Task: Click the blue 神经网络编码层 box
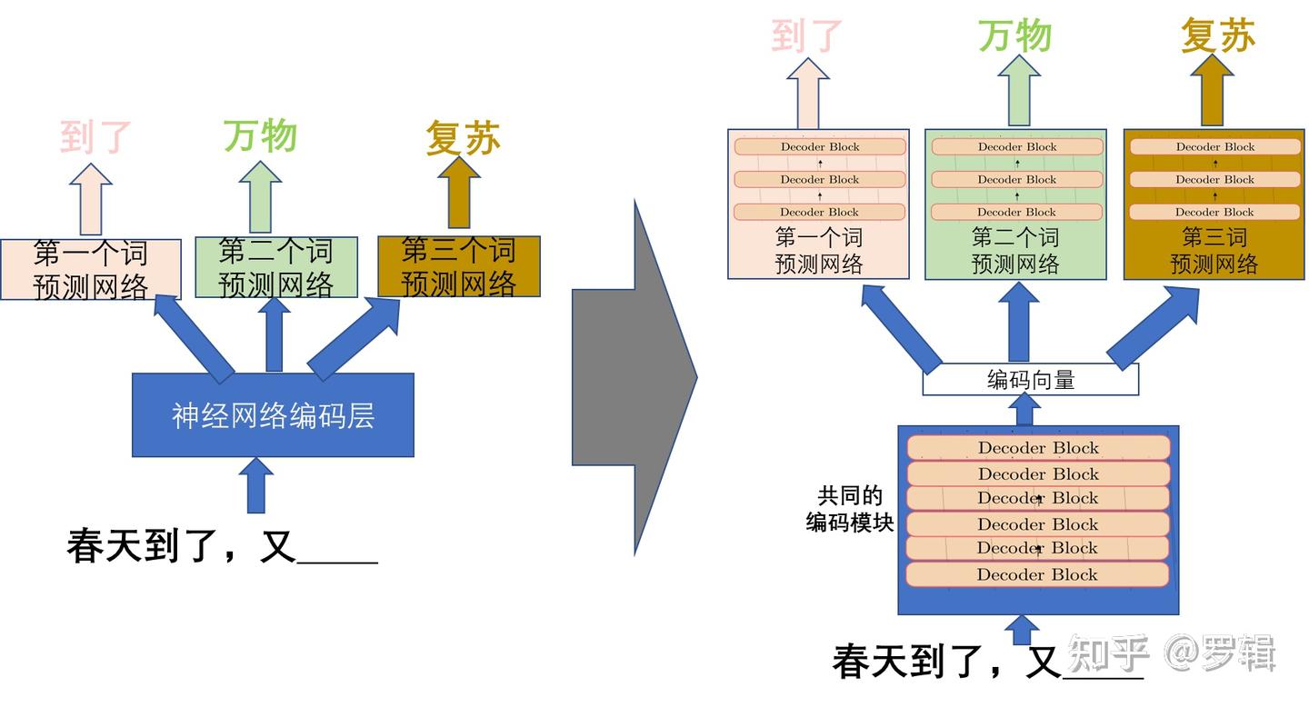(273, 414)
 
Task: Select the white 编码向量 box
(1030, 380)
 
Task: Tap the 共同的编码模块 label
(850, 509)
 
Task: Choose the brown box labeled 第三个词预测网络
(459, 266)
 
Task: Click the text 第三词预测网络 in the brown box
(1214, 251)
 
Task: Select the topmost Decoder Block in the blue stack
(1037, 448)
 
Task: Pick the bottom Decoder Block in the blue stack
(1037, 574)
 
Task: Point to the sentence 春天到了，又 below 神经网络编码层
(182, 546)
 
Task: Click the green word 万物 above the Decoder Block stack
(1015, 36)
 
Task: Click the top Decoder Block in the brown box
(1214, 147)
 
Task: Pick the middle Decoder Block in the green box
(1017, 180)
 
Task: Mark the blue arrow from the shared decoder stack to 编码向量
(1024, 410)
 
